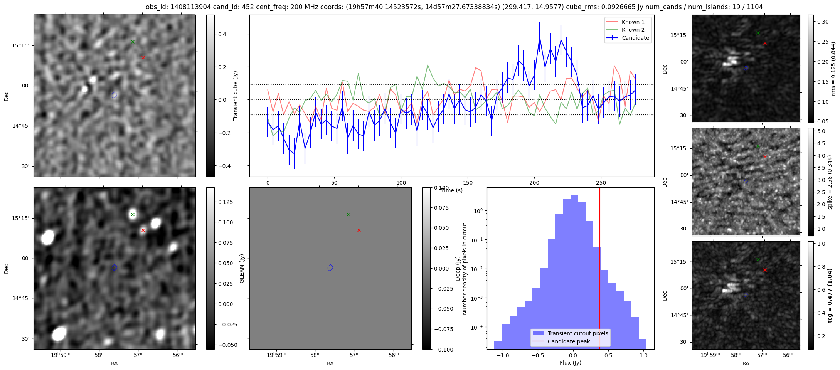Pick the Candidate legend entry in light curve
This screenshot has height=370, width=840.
(x=635, y=38)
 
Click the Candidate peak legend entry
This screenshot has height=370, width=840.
(x=569, y=341)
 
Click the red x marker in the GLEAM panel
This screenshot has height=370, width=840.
(x=359, y=230)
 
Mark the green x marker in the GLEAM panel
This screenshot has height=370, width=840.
(x=348, y=214)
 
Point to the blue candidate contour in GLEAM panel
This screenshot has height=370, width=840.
(x=330, y=267)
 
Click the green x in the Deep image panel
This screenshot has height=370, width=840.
(x=133, y=214)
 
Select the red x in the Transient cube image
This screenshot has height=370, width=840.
(x=143, y=57)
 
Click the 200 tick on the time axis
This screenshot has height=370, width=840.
(x=534, y=183)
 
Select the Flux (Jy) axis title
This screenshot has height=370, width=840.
(x=570, y=363)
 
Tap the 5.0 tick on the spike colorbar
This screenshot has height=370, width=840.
(x=821, y=131)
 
